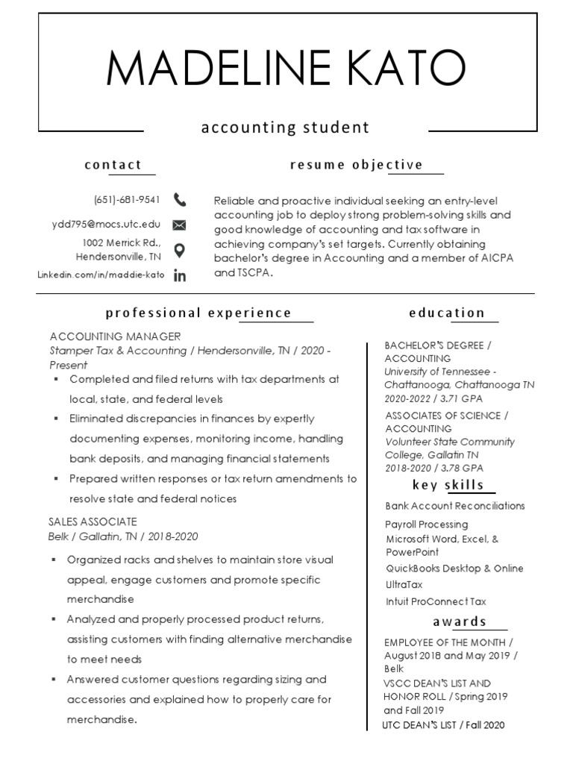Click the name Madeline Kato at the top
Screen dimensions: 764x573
click(286, 69)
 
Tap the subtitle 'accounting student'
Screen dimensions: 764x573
click(285, 128)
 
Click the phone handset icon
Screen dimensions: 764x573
click(180, 199)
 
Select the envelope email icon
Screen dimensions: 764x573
click(179, 225)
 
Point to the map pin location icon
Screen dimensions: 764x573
click(179, 250)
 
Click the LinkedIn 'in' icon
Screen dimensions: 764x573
click(179, 275)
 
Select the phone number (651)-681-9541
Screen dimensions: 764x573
click(127, 199)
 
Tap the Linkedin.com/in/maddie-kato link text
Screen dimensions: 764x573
click(101, 275)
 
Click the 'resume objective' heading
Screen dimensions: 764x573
click(357, 165)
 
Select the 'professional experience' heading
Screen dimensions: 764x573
click(198, 313)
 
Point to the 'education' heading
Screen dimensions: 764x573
click(447, 313)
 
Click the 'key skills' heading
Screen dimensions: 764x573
click(448, 485)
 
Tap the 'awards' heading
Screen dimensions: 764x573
click(460, 621)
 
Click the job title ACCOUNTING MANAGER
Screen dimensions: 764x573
click(115, 336)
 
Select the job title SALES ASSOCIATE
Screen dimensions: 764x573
click(93, 522)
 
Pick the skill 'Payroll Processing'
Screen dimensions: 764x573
click(427, 525)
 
